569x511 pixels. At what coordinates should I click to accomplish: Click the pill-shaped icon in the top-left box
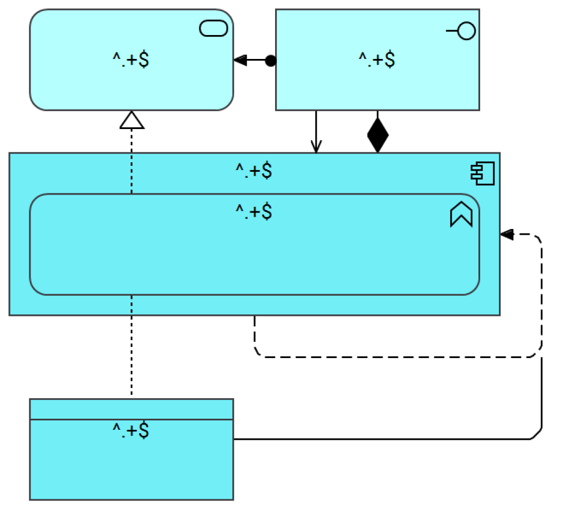point(214,28)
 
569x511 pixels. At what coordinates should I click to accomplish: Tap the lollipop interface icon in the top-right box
point(462,32)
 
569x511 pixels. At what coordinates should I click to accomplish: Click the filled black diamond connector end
point(378,135)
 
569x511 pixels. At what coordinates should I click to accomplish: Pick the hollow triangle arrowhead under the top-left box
point(132,121)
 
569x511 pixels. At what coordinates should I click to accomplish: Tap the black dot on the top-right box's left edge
point(271,61)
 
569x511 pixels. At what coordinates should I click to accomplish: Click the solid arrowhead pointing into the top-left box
point(241,61)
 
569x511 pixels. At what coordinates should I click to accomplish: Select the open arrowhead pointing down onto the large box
point(316,147)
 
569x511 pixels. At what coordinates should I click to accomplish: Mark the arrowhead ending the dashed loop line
point(506,235)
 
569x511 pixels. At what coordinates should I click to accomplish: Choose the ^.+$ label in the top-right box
point(377,59)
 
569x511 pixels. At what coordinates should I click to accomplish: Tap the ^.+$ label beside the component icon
point(254,171)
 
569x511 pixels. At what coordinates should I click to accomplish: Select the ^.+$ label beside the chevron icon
point(254,212)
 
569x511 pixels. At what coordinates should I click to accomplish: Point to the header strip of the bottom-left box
point(131,409)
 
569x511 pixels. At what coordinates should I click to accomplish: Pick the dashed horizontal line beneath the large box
point(389,356)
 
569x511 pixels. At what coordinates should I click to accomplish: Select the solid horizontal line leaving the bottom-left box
point(378,439)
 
